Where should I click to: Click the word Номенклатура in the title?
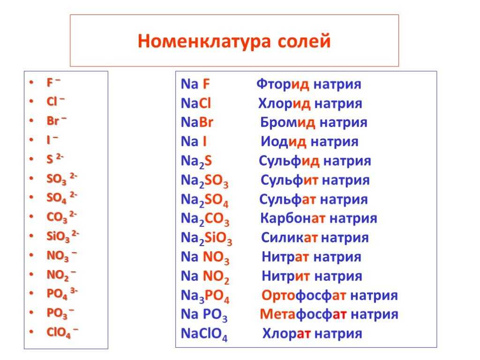point(204,41)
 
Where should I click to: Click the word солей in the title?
point(304,41)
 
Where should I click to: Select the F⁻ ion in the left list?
point(53,82)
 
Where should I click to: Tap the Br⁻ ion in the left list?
point(57,120)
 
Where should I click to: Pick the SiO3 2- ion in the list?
point(63,236)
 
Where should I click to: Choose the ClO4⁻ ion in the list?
point(62,332)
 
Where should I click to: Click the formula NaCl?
point(196,103)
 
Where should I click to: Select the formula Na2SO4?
point(205,200)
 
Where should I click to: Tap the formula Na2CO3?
point(205,219)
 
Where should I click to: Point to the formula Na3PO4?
point(205,296)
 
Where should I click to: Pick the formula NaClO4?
point(204,334)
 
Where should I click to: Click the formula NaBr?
point(197,122)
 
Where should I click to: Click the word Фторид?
point(283,84)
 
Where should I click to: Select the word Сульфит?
point(290,180)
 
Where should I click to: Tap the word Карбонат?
point(292,218)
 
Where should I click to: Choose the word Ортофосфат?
point(304,295)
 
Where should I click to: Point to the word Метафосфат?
point(303,315)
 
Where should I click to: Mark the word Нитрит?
point(286,276)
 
